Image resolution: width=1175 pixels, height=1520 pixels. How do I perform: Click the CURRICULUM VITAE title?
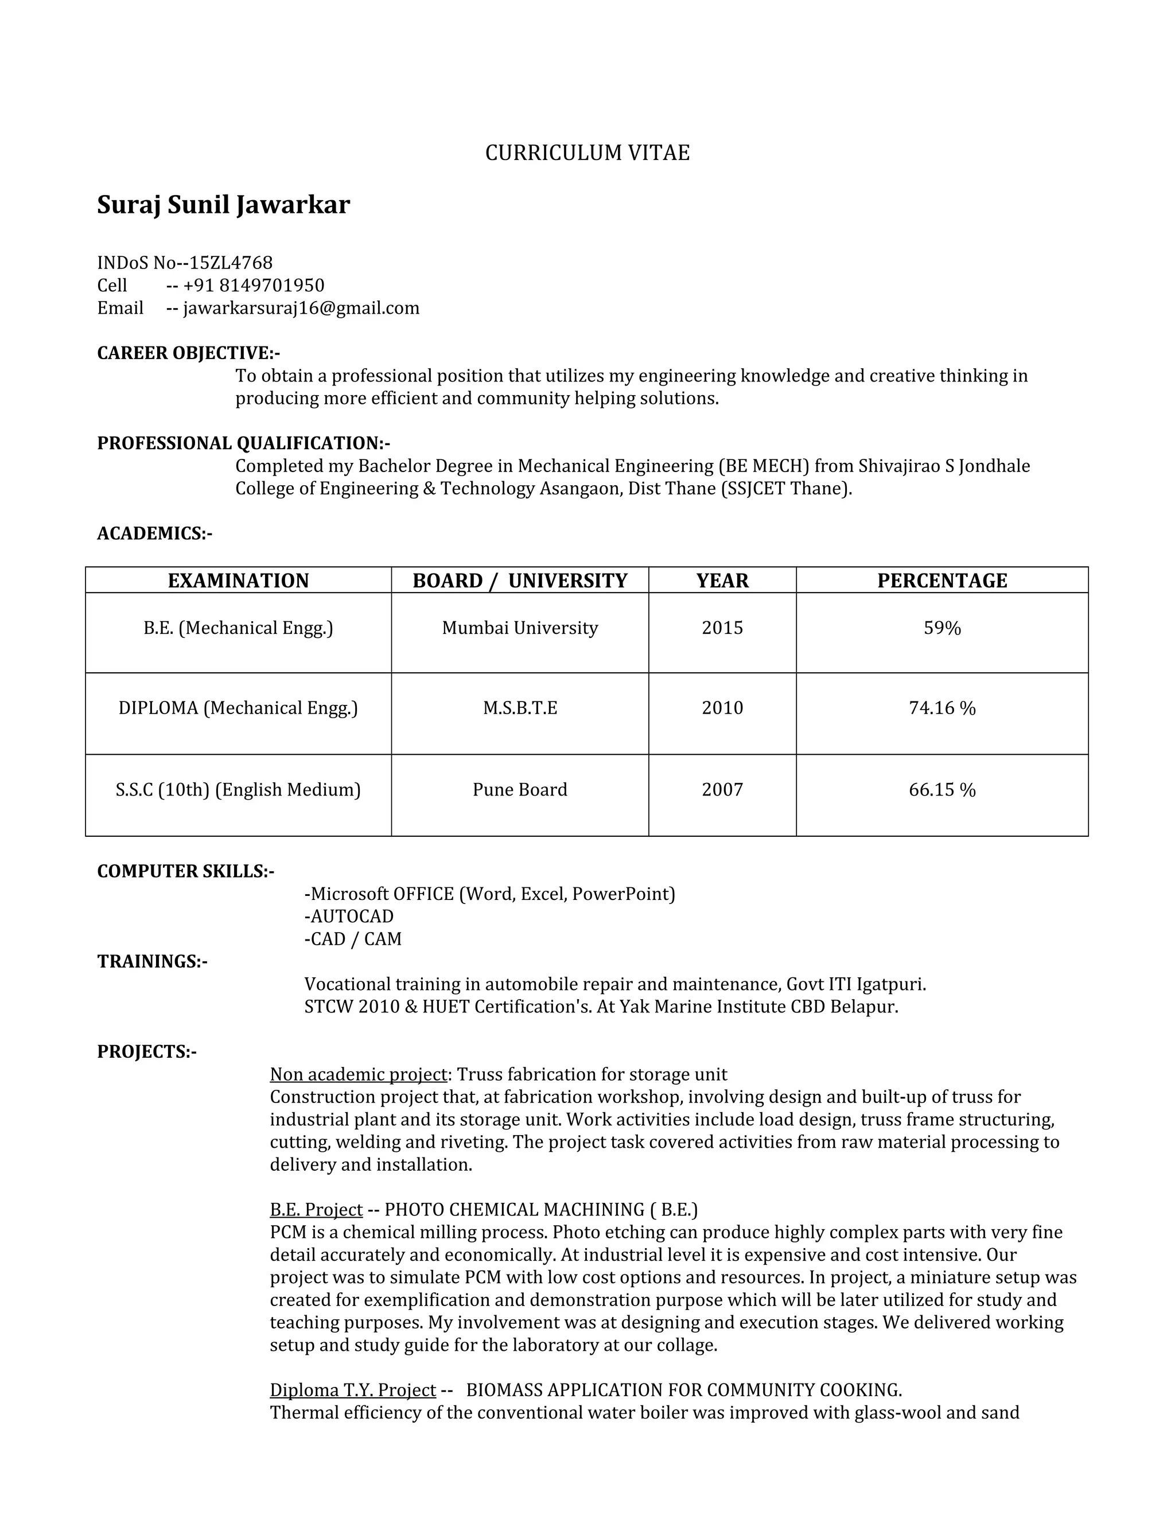(587, 153)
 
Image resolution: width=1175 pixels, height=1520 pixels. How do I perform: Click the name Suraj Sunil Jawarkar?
(223, 205)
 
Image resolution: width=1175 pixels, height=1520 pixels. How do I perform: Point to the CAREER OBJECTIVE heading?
(188, 353)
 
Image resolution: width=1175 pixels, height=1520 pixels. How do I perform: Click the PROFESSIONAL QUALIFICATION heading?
(243, 443)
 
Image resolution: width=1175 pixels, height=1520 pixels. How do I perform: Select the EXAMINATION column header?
(238, 580)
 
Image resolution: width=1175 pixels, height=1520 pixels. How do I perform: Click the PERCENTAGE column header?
(942, 580)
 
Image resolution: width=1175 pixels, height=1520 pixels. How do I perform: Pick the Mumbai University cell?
(519, 628)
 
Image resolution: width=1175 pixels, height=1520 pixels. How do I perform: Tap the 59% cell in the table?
(942, 628)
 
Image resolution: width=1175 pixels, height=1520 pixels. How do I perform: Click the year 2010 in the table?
(722, 708)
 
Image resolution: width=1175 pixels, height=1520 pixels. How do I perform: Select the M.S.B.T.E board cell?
(519, 708)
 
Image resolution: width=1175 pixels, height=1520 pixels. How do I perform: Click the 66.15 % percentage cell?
(942, 789)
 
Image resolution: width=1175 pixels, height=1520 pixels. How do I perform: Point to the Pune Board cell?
(519, 789)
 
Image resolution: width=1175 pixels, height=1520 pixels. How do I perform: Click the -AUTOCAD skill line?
(349, 916)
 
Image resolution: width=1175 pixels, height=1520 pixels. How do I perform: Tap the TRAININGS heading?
(151, 961)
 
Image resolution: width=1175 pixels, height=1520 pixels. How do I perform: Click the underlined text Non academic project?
(358, 1074)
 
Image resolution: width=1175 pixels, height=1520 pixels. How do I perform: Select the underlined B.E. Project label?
(316, 1209)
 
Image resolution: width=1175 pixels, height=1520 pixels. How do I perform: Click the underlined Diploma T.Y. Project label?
(352, 1389)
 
